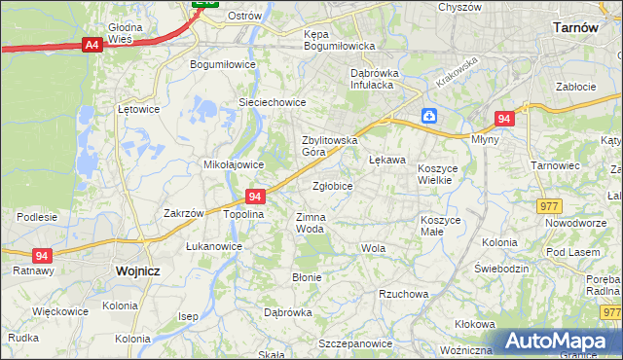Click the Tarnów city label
574,28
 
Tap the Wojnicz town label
136,271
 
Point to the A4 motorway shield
92,44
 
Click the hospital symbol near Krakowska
429,117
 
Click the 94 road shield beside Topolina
255,196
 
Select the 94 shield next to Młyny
502,119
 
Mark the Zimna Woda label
310,223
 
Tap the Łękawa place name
386,159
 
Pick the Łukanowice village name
214,246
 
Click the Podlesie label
37,216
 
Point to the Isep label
188,316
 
